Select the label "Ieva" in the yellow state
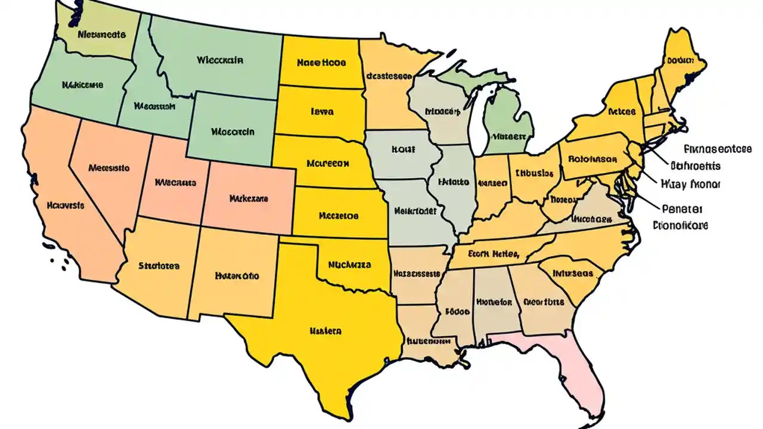click(322, 111)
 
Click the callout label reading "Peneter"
click(682, 209)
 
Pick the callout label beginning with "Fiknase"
click(717, 149)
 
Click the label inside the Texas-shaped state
click(325, 329)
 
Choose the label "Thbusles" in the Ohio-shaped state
click(534, 173)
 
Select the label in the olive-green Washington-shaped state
click(101, 34)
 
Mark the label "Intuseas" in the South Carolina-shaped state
click(572, 273)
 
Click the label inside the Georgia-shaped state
click(543, 301)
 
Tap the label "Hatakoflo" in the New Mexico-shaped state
click(237, 276)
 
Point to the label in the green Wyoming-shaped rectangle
click(232, 132)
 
